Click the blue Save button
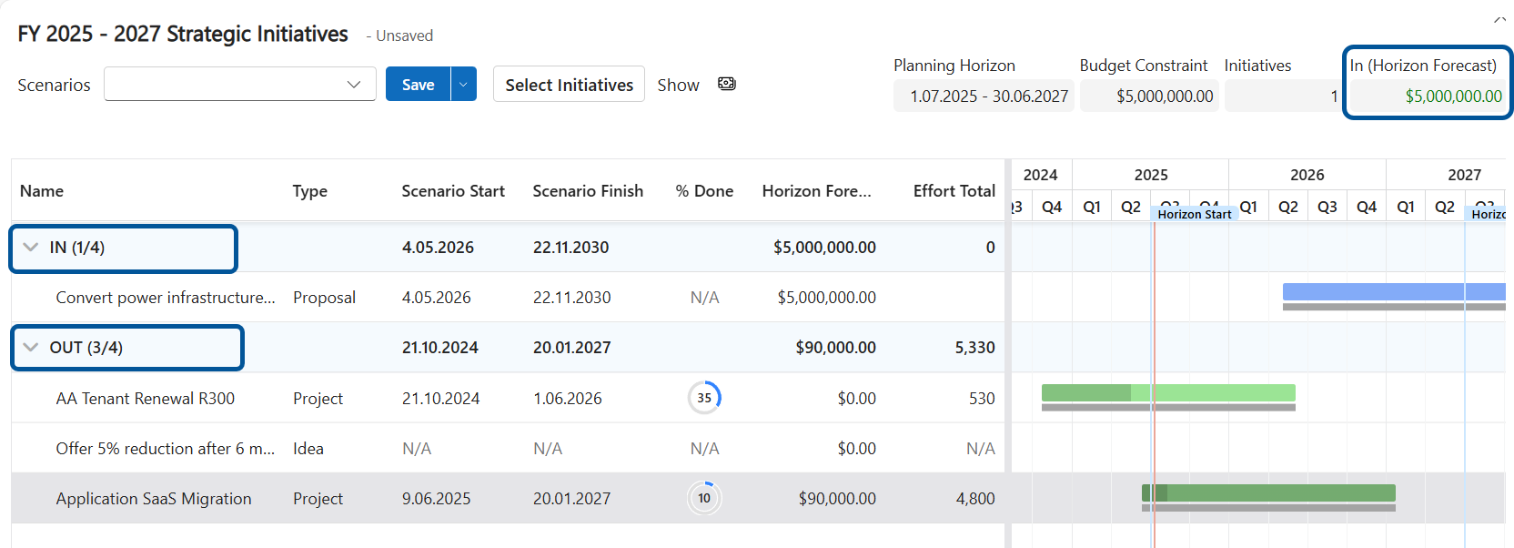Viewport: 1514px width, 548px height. [x=418, y=85]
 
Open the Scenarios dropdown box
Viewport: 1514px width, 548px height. [x=239, y=85]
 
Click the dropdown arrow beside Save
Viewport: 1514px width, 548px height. [x=463, y=85]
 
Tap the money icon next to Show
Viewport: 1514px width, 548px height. [x=726, y=84]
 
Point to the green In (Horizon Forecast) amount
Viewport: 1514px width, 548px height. [x=1453, y=96]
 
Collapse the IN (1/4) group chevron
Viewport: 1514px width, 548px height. [x=31, y=248]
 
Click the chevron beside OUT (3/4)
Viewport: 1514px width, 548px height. [x=31, y=348]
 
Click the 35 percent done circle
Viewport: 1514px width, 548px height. [x=704, y=398]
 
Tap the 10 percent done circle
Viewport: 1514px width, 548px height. [x=704, y=498]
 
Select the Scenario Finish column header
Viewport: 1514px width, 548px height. [x=588, y=191]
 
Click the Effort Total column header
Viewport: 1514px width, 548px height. [x=954, y=191]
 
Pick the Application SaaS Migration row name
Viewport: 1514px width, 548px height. [x=154, y=499]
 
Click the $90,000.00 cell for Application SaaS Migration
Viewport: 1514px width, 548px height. [x=836, y=499]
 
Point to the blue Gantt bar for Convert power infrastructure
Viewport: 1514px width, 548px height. [x=1392, y=292]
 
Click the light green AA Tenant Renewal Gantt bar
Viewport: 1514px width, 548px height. [x=1219, y=392]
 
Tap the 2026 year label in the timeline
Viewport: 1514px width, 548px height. [x=1307, y=175]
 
